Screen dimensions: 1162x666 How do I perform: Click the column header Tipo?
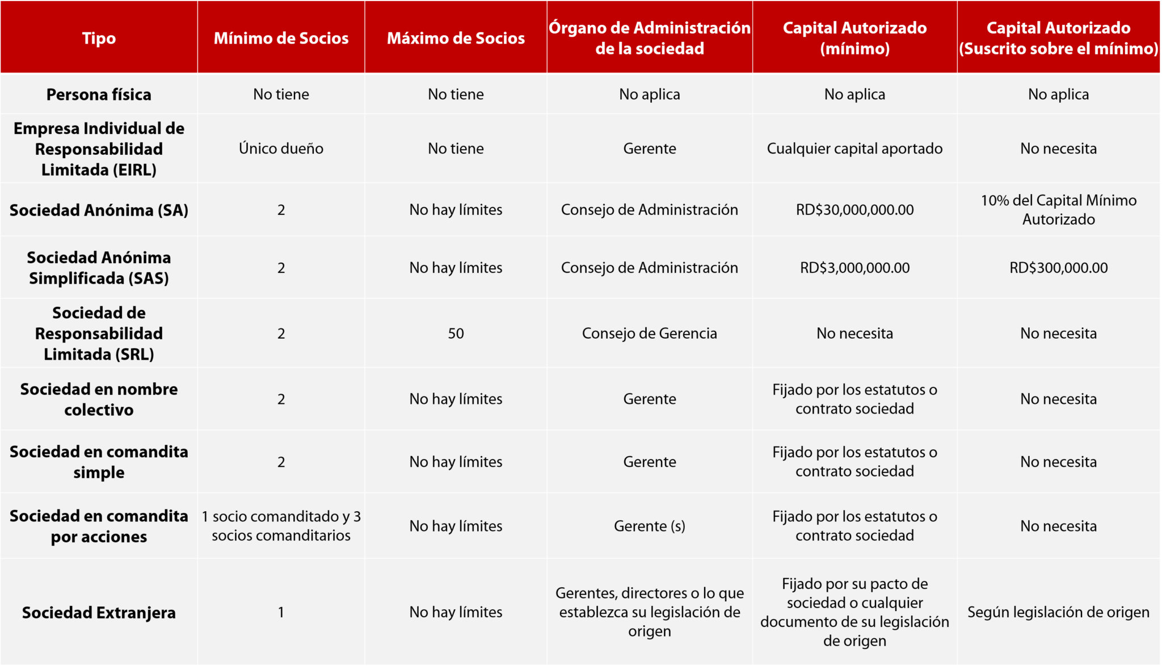click(99, 38)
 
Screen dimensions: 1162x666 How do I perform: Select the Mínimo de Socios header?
click(281, 38)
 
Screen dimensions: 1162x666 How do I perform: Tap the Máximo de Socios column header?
click(456, 38)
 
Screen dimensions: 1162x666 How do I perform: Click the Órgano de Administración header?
click(650, 38)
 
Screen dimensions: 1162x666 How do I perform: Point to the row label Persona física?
click(99, 94)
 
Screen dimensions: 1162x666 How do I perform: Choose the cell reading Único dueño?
click(281, 149)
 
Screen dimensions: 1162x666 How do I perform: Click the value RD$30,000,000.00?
click(854, 210)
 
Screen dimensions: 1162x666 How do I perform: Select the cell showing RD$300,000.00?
click(1058, 268)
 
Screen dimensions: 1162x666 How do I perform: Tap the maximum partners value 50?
click(456, 334)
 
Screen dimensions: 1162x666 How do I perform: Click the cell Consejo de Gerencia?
click(650, 334)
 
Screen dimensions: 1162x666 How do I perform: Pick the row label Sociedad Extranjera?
click(99, 613)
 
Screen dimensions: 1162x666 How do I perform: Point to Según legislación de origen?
click(1058, 613)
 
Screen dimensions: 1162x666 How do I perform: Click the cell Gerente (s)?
click(650, 526)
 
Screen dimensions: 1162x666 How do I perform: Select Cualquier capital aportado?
click(854, 149)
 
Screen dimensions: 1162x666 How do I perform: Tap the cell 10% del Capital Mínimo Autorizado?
click(1058, 210)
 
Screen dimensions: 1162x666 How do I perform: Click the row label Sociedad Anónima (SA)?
click(99, 210)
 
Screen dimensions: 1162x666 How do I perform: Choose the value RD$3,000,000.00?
click(854, 268)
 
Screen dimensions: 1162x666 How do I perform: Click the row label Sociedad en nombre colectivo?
click(99, 399)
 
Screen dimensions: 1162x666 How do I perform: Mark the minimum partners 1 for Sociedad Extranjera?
click(281, 613)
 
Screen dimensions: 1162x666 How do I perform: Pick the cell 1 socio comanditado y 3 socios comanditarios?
click(281, 526)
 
